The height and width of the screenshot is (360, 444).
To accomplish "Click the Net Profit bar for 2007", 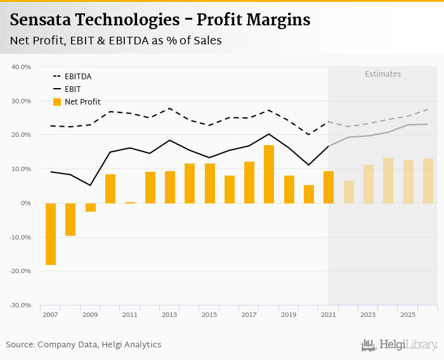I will (x=51, y=234).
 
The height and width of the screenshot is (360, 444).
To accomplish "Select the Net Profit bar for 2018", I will (x=269, y=174).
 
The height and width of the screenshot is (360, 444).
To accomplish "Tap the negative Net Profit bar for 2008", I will (x=70, y=219).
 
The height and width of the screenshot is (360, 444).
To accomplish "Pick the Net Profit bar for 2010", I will (x=110, y=189).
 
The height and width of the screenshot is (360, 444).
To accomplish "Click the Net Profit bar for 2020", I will (x=309, y=194).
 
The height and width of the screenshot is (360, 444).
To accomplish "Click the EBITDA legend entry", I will (x=77, y=77).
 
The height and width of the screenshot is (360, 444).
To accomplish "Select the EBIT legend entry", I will (x=74, y=89).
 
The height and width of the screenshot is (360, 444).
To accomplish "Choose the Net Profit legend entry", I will (x=82, y=102).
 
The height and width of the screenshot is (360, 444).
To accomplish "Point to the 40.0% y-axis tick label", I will (x=22, y=67).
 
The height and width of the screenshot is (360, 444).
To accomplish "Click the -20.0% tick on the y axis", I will (x=21, y=271).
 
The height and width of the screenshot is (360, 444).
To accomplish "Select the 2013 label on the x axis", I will (x=169, y=314).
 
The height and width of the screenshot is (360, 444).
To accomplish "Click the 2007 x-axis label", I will (x=50, y=314).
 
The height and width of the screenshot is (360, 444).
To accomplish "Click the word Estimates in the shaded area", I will (x=382, y=74).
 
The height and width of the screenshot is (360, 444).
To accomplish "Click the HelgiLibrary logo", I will (x=400, y=345).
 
